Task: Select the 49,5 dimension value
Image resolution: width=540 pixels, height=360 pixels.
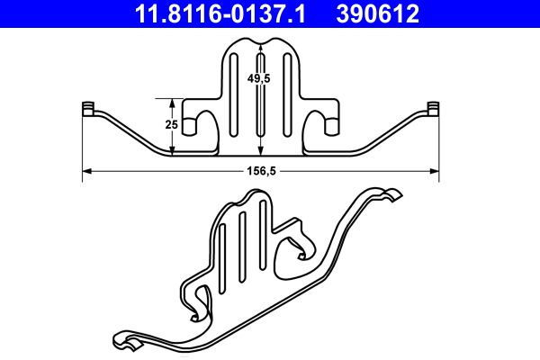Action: pyautogui.click(x=261, y=79)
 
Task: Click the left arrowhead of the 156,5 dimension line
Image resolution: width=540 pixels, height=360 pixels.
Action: pyautogui.click(x=86, y=170)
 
